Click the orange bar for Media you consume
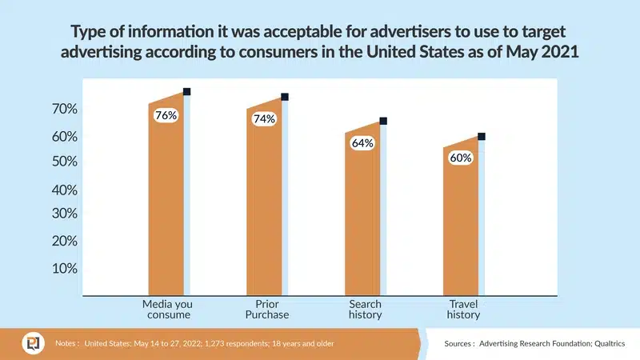click(x=166, y=208)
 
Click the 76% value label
click(x=166, y=115)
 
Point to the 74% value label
click(x=264, y=119)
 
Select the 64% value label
click(x=362, y=143)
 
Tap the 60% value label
click(x=461, y=158)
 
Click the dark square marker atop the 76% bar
click(x=186, y=92)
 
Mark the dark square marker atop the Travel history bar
click(x=481, y=136)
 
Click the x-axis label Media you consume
click(x=167, y=310)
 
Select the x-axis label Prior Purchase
click(x=266, y=310)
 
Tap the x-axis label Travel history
click(x=463, y=310)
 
